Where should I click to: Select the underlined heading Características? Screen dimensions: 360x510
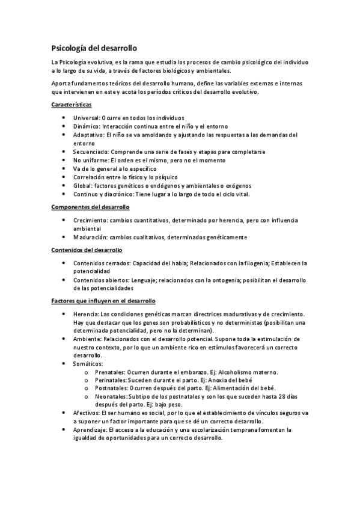(71, 105)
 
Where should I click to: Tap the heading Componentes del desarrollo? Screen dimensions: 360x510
(90, 207)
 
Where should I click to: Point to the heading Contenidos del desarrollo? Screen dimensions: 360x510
(87, 250)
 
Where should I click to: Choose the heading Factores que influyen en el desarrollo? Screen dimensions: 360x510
(103, 300)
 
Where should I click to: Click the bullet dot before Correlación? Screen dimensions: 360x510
(64, 178)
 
